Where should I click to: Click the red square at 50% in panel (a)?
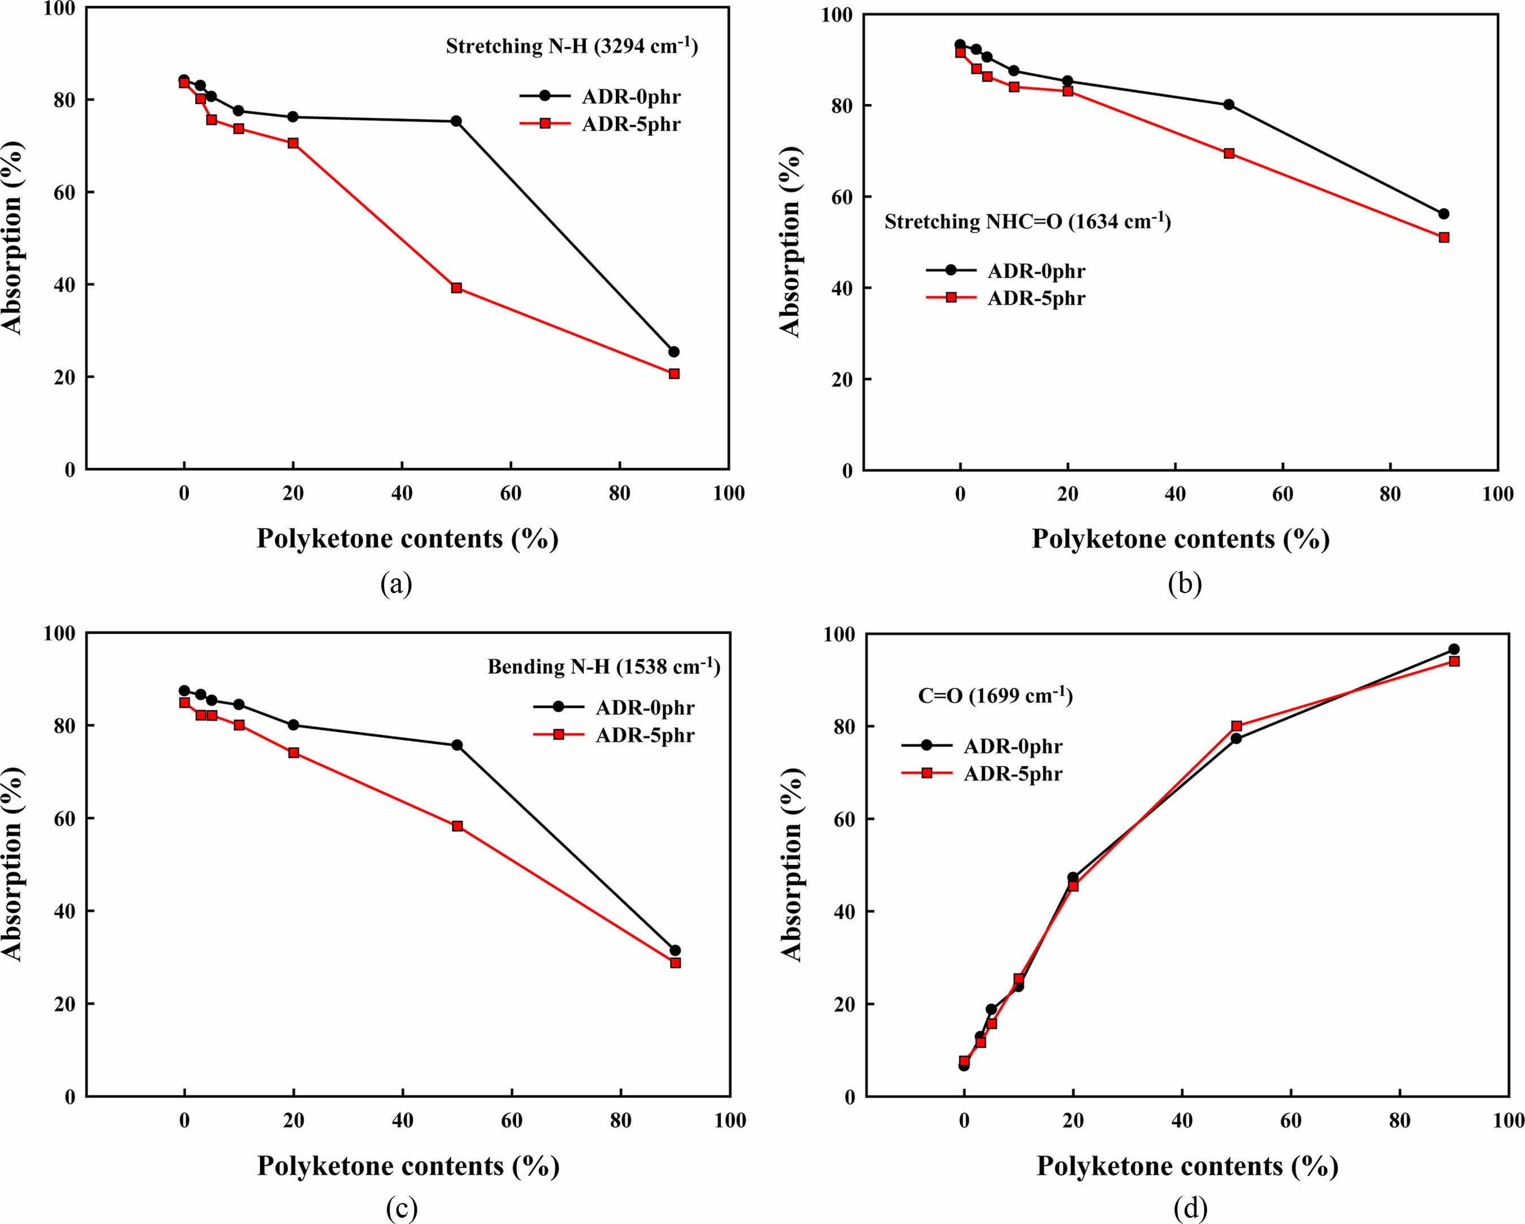pos(456,288)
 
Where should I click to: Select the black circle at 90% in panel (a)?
pos(673,352)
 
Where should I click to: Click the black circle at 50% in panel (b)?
pos(1229,105)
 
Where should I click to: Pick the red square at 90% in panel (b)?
pos(1444,237)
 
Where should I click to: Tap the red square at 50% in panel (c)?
pos(457,826)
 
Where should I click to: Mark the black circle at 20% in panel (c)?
pos(293,725)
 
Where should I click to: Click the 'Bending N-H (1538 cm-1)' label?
pos(603,667)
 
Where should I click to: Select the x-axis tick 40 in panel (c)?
pos(403,1120)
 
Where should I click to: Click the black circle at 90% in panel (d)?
pos(1454,649)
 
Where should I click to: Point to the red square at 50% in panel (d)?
pos(1237,726)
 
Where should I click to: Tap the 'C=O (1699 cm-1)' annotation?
pos(995,697)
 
